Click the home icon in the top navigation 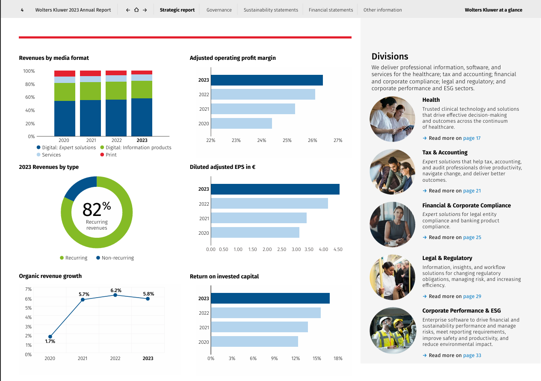coord(136,10)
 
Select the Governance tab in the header coord(219,10)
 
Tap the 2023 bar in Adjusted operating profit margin coord(267,80)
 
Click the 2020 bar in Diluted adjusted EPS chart coord(255,233)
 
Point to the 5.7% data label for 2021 coord(84,294)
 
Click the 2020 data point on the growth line coord(50,337)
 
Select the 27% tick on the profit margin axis coord(338,140)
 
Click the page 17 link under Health coord(472,138)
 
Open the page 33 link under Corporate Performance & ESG coord(472,355)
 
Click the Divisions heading coord(390,56)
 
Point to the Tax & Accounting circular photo coord(392,172)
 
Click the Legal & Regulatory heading coord(447,258)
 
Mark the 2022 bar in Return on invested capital coord(266,313)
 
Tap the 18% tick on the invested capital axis coord(338,358)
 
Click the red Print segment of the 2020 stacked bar coord(65,74)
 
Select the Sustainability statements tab coord(271,10)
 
